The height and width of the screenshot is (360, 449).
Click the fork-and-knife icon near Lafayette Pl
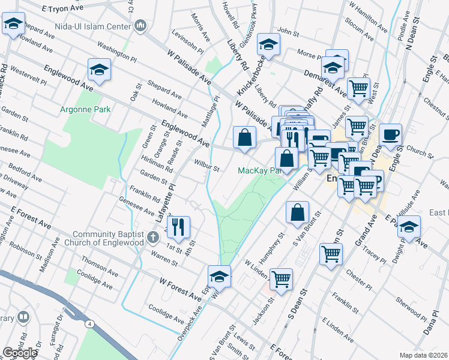[178, 227]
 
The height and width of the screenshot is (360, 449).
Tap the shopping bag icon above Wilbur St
[245, 137]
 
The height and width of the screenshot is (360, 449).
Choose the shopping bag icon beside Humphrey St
[298, 212]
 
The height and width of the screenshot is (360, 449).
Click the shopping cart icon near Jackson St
[281, 279]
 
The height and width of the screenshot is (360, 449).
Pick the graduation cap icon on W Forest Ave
[219, 276]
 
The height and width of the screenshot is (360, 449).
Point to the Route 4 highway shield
[89, 324]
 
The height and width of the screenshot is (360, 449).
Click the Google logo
[20, 353]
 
